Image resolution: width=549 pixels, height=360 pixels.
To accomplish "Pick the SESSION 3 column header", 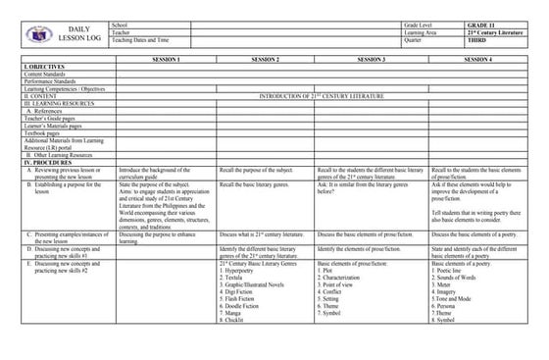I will click(x=372, y=60).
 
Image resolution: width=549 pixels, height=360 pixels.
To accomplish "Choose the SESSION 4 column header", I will click(x=477, y=60).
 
